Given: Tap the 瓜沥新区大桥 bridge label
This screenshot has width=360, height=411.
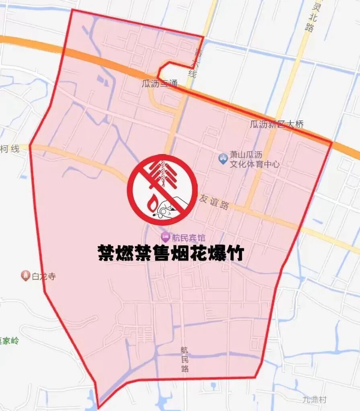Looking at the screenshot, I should [277, 124].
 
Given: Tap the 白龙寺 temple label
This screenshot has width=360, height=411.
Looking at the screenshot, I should [43, 277].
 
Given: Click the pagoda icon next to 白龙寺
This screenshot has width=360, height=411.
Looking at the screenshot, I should [25, 276].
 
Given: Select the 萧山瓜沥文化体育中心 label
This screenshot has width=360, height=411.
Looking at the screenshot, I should [254, 160].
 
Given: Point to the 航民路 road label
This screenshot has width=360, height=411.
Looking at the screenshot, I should [184, 359].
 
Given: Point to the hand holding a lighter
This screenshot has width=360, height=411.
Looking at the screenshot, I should [169, 207].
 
